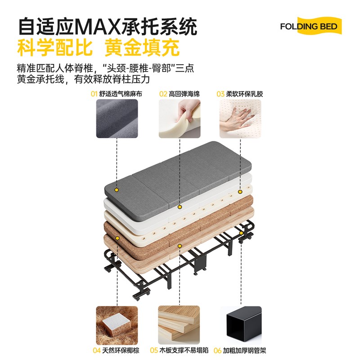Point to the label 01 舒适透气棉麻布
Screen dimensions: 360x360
tap(116, 94)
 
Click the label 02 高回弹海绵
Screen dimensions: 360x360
tap(180, 94)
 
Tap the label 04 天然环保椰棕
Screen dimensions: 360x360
tap(117, 350)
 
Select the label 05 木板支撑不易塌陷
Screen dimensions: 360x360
tap(180, 350)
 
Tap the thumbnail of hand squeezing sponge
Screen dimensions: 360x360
tap(180, 118)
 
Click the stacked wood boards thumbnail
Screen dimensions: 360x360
tap(180, 324)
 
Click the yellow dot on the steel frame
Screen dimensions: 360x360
tap(242, 233)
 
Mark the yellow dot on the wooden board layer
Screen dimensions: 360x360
tap(180, 246)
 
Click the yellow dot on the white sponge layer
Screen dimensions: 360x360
tap(180, 207)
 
